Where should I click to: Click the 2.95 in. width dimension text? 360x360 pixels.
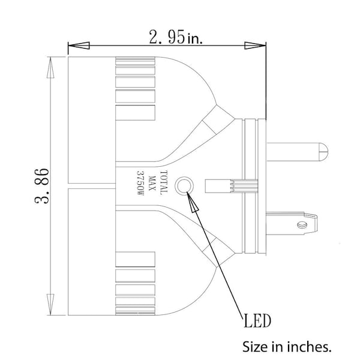[x=176, y=37]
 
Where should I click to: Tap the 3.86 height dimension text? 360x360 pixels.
[x=42, y=186]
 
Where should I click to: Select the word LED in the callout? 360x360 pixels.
[x=257, y=321]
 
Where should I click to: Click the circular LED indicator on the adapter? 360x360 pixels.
[x=184, y=186]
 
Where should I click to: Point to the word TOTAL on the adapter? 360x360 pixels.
[x=164, y=183]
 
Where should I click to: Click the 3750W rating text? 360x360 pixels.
[x=140, y=183]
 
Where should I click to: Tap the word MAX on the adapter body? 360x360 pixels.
[x=152, y=183]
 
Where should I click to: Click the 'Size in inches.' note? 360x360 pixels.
[x=287, y=347]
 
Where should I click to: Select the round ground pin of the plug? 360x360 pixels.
[x=298, y=152]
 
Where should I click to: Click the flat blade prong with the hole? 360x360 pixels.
[x=292, y=224]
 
